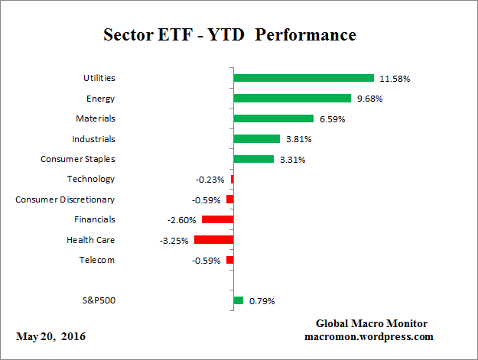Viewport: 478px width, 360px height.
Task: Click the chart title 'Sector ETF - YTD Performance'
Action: (x=229, y=35)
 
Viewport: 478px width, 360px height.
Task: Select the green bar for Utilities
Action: (x=304, y=78)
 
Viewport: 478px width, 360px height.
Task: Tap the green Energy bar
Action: (x=292, y=98)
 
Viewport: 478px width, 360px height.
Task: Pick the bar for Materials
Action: (x=274, y=118)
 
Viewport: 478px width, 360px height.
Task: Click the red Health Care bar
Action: (x=213, y=239)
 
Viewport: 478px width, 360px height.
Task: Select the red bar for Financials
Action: (x=217, y=219)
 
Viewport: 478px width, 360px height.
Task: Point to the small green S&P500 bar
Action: (x=238, y=300)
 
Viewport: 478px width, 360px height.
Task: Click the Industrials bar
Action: (x=257, y=138)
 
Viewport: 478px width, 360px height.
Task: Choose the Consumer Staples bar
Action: (x=253, y=159)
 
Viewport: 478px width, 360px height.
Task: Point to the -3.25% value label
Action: (x=173, y=240)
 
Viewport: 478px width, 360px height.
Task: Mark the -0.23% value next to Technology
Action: (x=210, y=180)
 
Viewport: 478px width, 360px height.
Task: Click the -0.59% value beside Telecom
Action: (x=206, y=260)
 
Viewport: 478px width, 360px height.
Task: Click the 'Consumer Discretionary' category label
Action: (x=65, y=199)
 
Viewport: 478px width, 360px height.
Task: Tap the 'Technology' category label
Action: (x=91, y=179)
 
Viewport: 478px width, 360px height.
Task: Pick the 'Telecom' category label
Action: (x=97, y=260)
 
